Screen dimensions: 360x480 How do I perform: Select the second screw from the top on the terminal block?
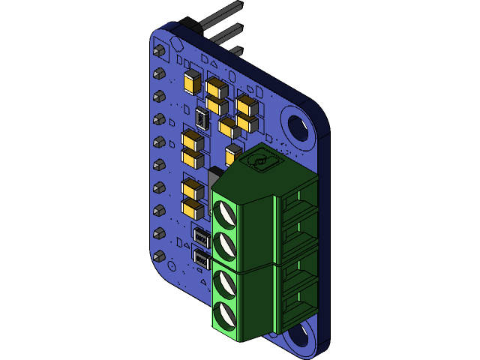click(x=224, y=244)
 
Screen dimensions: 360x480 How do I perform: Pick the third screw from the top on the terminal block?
click(x=224, y=283)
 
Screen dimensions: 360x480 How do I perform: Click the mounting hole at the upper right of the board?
click(x=298, y=125)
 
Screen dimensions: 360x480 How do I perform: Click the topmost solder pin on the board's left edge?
click(x=159, y=52)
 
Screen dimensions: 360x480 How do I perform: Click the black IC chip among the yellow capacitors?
click(x=201, y=116)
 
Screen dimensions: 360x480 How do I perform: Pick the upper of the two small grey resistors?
click(x=201, y=238)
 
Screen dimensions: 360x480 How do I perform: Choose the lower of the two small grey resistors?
click(x=201, y=260)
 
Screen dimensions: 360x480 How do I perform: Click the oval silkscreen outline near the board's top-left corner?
click(x=181, y=46)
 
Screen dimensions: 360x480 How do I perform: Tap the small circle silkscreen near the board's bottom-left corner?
click(x=172, y=266)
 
